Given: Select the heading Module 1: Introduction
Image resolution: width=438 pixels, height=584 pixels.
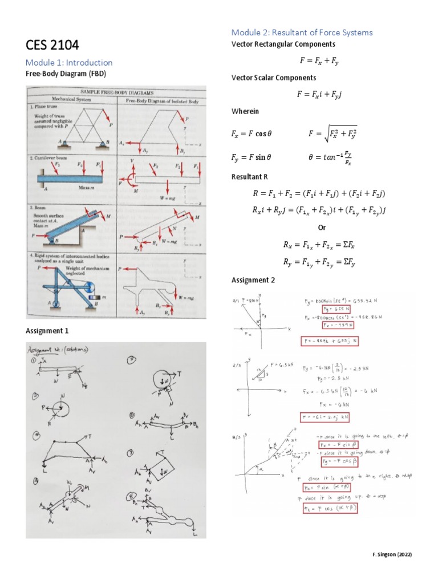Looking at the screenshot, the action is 69,62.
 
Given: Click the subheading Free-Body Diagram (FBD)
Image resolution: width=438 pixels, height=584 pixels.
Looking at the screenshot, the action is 66,74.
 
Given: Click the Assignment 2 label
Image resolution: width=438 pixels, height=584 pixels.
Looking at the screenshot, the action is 253,280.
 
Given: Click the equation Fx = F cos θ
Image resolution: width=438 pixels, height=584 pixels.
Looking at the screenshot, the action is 252,135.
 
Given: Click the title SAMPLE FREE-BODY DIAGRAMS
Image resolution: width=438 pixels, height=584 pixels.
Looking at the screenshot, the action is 117,92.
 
